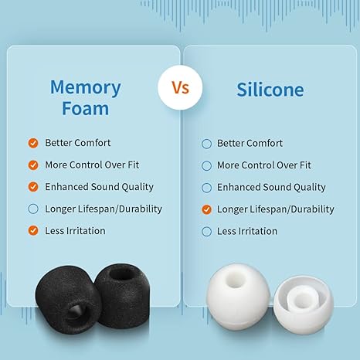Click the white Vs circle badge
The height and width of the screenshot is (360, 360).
179,87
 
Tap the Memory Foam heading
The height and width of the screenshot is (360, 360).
85,97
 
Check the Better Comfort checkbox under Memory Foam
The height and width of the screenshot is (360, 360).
33,143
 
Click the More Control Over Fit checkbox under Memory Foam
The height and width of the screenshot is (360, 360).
33,165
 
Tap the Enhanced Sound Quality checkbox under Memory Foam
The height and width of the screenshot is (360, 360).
33,187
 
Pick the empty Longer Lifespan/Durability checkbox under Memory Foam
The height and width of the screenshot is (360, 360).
33,209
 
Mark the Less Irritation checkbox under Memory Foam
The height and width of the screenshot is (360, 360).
33,230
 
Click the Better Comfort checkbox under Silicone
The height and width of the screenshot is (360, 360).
206,143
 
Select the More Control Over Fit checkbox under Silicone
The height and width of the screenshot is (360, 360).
206,165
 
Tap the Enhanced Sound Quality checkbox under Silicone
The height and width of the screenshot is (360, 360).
206,187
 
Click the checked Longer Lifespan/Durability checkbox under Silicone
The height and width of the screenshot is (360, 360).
206,209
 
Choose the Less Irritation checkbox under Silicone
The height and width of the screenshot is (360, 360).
206,231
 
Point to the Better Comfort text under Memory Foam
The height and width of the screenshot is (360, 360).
77,143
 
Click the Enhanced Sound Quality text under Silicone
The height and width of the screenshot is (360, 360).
271,187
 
